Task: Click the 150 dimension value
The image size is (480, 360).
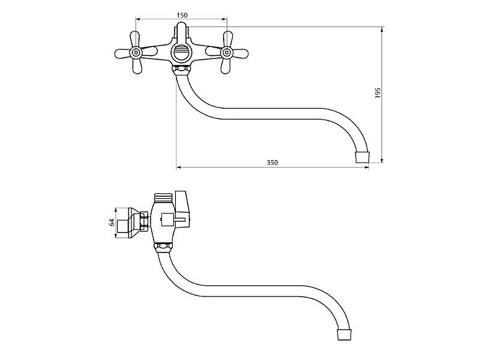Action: (x=182, y=15)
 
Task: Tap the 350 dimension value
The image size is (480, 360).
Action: (x=272, y=162)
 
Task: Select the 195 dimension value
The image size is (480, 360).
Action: (x=377, y=92)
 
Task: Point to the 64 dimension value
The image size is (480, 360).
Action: (x=112, y=222)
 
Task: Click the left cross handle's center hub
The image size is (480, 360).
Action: (x=136, y=53)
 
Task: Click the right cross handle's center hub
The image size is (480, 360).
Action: (x=226, y=53)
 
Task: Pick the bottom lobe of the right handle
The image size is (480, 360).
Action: (x=225, y=66)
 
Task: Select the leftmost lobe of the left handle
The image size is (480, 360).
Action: (x=123, y=53)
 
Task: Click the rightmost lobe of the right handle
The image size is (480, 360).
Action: (x=239, y=54)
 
